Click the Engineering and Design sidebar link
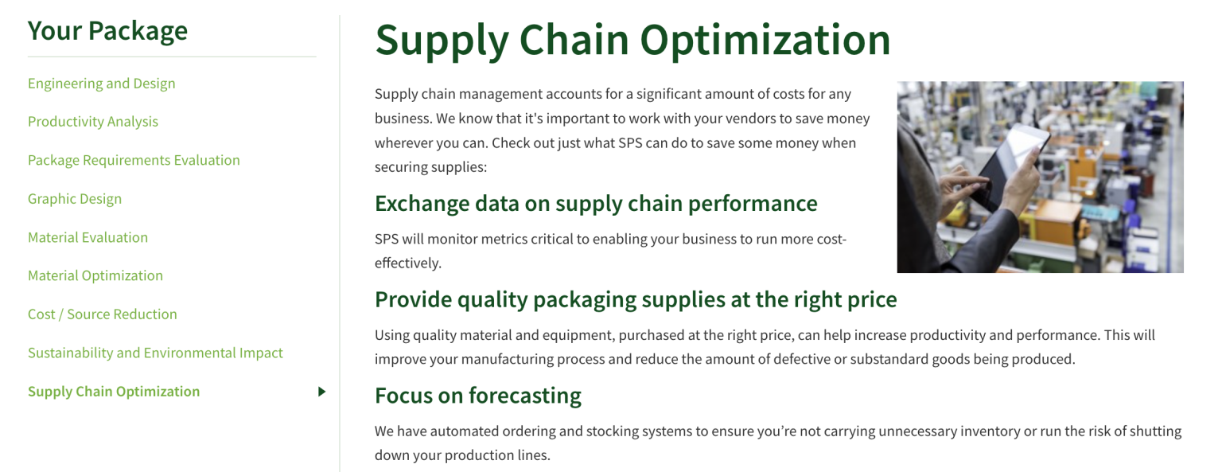pos(101,84)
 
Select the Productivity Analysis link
pos(93,122)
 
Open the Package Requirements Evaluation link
pos(134,160)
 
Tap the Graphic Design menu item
pos(75,199)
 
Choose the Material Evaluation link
pos(88,237)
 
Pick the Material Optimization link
pos(95,275)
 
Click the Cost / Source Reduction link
pos(103,314)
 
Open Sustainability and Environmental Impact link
pos(155,353)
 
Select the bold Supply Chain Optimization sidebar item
pos(114,392)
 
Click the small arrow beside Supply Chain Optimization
pos(321,392)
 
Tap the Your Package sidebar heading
pos(107,31)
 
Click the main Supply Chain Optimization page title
pos(632,40)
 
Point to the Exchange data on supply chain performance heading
pos(596,204)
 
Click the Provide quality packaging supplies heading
pos(636,299)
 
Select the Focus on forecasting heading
pos(478,396)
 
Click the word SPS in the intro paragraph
pos(631,143)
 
